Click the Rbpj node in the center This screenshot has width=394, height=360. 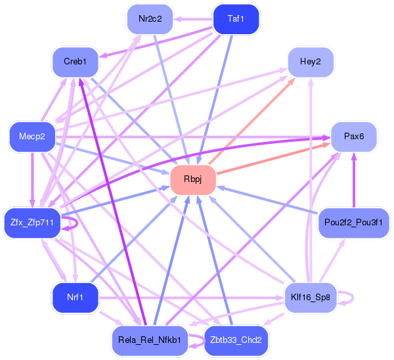193,179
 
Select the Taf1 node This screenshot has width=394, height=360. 236,19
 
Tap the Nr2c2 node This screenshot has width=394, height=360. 150,19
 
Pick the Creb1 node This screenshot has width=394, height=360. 75,62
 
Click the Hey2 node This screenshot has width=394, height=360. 311,62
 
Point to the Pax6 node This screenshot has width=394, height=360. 354,137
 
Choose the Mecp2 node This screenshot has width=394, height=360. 32,137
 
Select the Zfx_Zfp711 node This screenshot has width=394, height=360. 32,223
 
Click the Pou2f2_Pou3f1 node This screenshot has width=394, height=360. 354,223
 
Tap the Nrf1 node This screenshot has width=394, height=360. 75,298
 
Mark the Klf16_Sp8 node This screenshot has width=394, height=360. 311,298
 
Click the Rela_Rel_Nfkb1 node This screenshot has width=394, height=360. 150,340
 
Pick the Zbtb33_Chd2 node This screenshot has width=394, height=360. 236,340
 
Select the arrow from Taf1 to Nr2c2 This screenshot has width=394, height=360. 193,19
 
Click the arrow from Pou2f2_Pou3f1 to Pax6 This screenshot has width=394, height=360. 354,180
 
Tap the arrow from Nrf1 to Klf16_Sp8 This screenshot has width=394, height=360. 191,298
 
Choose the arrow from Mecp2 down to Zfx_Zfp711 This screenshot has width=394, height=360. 32,180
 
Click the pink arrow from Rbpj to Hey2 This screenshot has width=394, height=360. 252,121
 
